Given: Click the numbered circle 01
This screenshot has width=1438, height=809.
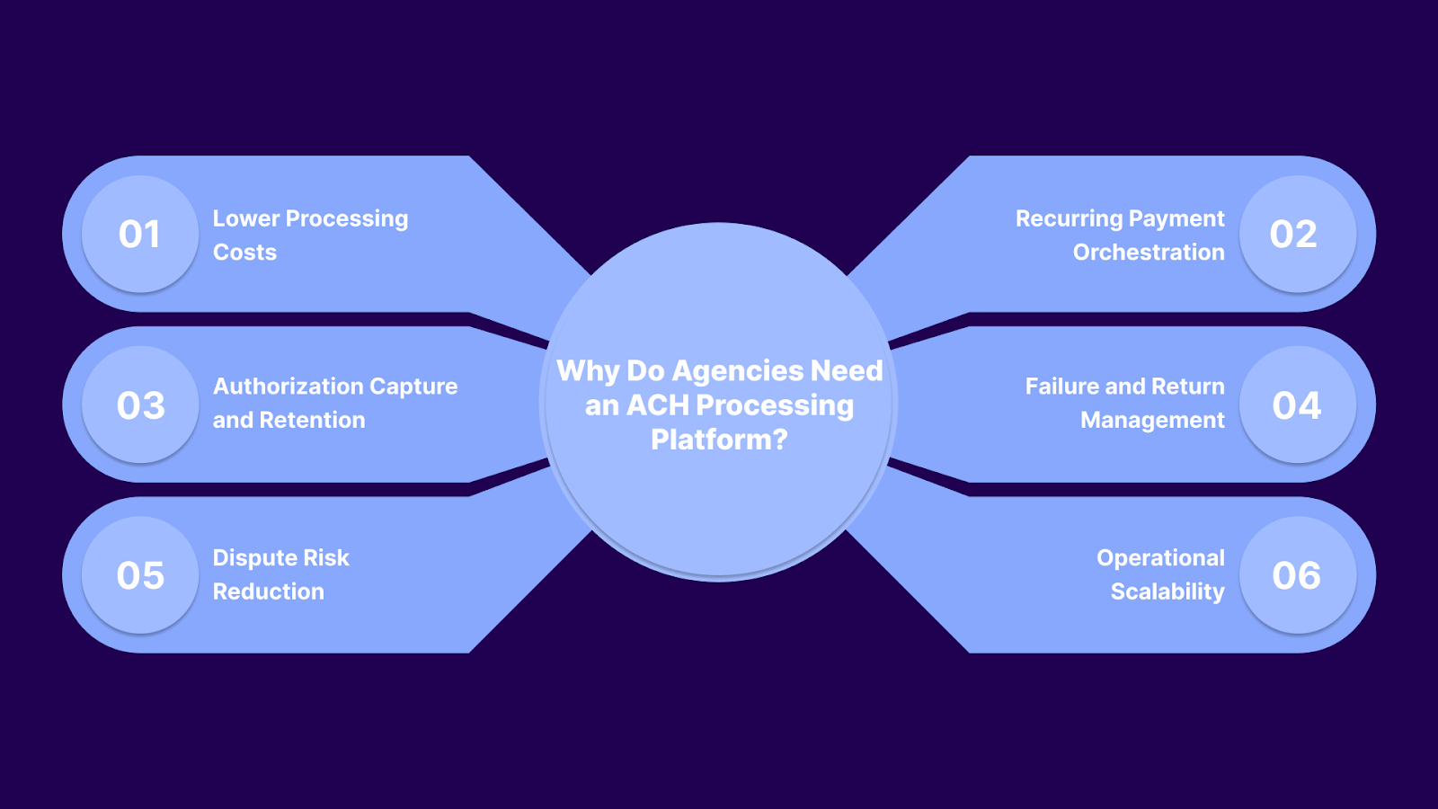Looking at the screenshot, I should click(x=140, y=234).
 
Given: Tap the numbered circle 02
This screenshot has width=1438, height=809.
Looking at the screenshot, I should click(x=1297, y=234).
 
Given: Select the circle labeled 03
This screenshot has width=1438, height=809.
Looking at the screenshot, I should click(x=140, y=404).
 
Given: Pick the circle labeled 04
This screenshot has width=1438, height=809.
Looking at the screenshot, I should click(x=1297, y=404).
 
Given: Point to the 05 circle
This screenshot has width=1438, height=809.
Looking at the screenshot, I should click(x=140, y=575).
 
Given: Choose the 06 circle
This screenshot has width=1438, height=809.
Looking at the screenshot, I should click(x=1297, y=575).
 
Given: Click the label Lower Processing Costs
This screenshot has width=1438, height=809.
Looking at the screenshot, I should click(x=310, y=235).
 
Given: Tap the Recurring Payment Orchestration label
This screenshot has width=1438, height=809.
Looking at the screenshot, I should click(x=1120, y=235).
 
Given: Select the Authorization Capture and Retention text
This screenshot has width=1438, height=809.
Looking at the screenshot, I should click(x=334, y=403).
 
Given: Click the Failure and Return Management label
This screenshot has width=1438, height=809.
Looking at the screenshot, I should click(x=1125, y=403).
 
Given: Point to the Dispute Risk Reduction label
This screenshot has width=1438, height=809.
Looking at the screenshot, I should click(x=280, y=574).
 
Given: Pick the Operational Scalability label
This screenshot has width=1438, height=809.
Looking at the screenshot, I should click(x=1160, y=574).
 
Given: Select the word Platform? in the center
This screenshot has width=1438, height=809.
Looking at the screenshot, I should click(x=719, y=440).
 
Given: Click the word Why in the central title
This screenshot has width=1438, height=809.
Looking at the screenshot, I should click(x=588, y=371).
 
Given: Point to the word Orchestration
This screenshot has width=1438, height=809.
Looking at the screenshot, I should click(x=1149, y=253).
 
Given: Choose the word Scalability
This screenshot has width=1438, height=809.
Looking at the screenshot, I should click(x=1167, y=591).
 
